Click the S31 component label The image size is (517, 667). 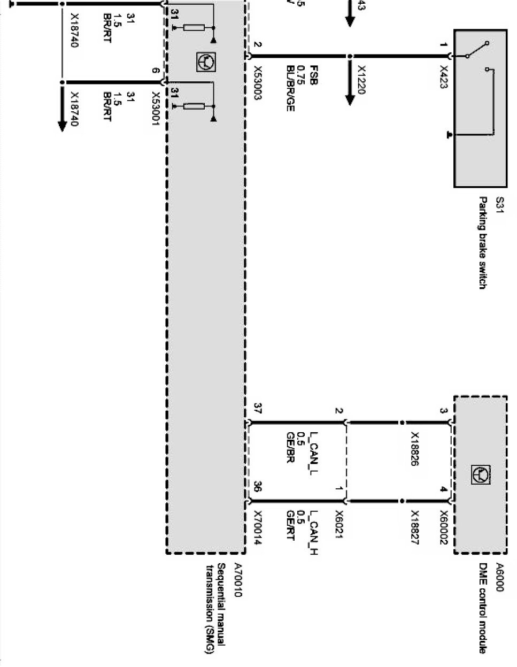point(499,204)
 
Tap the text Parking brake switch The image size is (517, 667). point(482,243)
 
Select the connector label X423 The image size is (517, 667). point(443,77)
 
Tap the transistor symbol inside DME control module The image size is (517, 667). point(481,474)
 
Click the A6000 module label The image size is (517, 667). point(499,577)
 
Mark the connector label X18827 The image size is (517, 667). point(414,528)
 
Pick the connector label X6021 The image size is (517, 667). point(338,524)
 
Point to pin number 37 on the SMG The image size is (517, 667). point(257,408)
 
